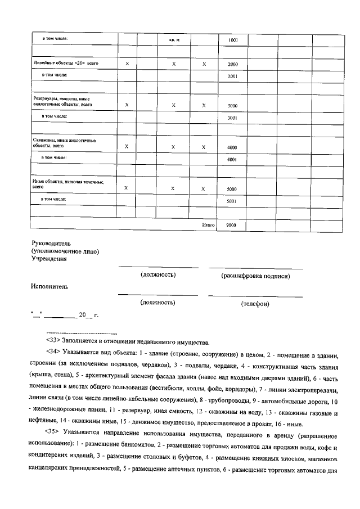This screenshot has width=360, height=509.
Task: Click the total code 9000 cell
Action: pos(231,224)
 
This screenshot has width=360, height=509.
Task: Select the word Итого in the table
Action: pos(209,224)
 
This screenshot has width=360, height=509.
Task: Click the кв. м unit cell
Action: pos(174,40)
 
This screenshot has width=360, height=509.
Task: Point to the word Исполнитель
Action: pos(50,286)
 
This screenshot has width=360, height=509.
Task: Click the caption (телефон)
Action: pos(255,304)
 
